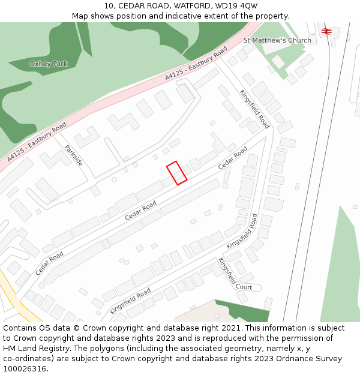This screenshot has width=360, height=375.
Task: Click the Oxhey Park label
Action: point(49,64)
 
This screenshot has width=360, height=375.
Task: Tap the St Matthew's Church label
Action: point(277,40)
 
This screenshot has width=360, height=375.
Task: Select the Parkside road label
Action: point(74,155)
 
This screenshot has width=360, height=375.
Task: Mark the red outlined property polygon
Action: point(176,173)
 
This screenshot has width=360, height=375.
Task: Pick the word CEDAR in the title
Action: point(131,6)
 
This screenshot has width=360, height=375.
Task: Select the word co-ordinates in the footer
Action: point(28,359)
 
